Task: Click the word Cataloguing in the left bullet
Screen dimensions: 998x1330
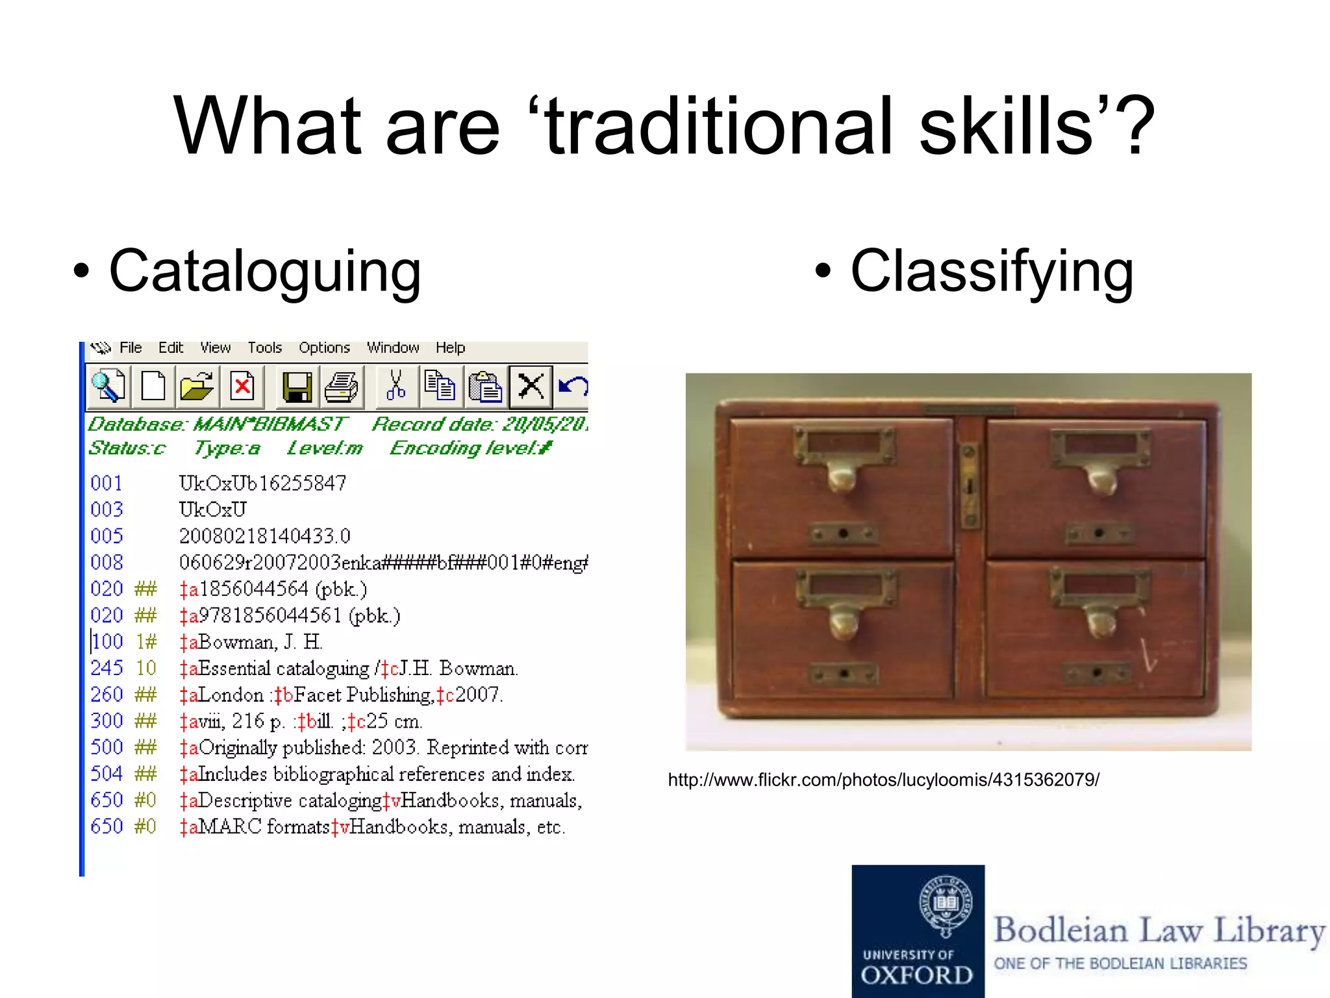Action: point(265,271)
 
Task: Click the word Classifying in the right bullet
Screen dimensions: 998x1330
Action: point(992,271)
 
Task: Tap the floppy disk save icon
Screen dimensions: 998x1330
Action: point(297,387)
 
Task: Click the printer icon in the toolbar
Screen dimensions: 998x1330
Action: point(341,387)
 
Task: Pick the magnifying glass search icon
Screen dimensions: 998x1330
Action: point(108,386)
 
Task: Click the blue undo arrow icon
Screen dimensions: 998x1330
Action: point(573,387)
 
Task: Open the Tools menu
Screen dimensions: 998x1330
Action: point(264,348)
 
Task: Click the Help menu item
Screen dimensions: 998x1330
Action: point(450,348)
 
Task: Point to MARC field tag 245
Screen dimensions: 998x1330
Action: point(107,668)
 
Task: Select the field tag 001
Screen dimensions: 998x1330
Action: point(107,483)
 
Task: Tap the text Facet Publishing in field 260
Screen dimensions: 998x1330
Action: point(363,695)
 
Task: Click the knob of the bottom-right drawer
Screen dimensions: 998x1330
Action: point(1099,622)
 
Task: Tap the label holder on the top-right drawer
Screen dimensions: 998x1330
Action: point(1100,444)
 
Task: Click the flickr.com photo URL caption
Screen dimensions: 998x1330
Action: point(883,780)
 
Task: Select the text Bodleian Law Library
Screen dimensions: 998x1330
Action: point(1159,930)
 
